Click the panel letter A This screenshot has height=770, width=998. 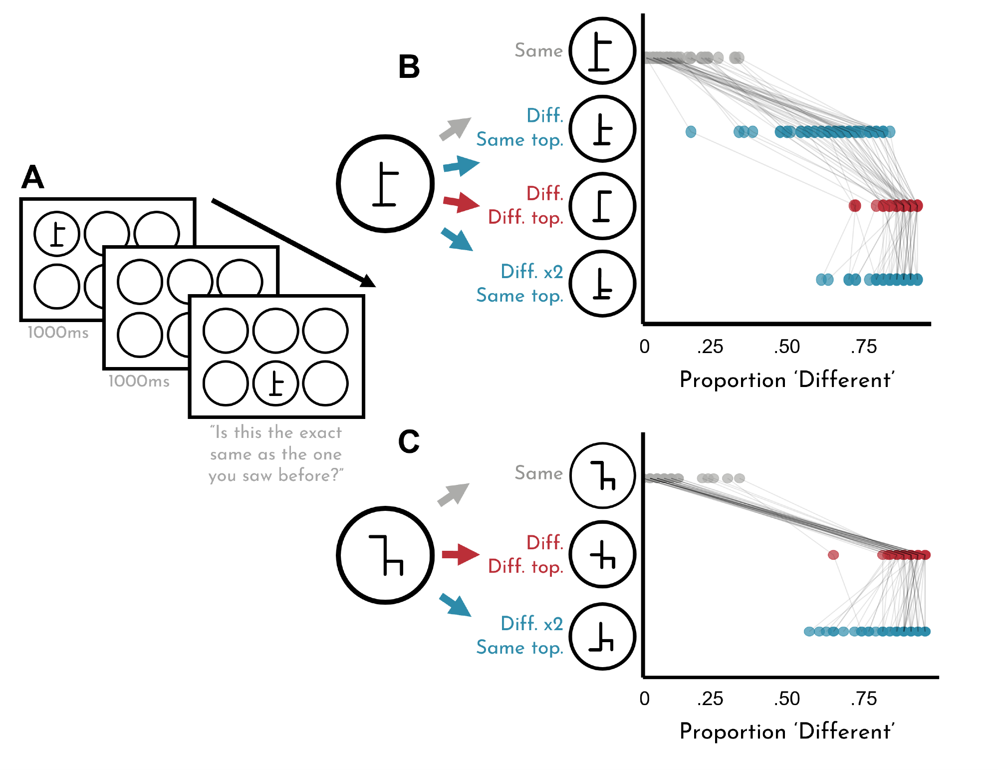[x=33, y=177]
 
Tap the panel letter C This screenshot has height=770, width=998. [x=409, y=441]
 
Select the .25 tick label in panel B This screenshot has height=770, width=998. [x=710, y=347]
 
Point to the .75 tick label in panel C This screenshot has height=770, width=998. [x=864, y=698]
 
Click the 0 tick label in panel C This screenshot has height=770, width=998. [x=645, y=698]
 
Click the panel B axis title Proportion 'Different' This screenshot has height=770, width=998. [x=787, y=380]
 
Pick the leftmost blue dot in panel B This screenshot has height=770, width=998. [x=691, y=132]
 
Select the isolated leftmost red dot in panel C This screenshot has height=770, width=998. [x=833, y=555]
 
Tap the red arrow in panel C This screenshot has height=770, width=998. [x=460, y=554]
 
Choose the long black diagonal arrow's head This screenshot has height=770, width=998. [x=368, y=282]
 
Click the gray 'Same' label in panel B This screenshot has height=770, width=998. [x=538, y=50]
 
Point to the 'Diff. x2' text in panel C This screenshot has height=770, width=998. [x=531, y=623]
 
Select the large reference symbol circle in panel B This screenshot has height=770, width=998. [x=385, y=184]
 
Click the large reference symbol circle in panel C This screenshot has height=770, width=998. [x=385, y=555]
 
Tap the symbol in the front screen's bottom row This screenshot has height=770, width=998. [x=275, y=384]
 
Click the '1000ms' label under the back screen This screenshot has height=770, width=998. [x=58, y=333]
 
